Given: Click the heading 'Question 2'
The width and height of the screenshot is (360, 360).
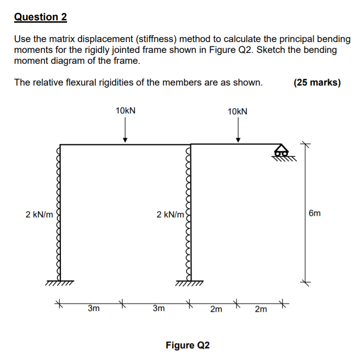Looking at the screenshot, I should (x=41, y=17).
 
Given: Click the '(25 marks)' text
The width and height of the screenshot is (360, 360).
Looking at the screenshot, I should (x=317, y=83).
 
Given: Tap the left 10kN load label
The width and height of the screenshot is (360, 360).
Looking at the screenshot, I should (x=126, y=111).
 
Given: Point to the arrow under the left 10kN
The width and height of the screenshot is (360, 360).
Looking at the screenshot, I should (x=125, y=129).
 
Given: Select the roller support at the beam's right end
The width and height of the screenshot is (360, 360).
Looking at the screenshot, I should (x=282, y=152).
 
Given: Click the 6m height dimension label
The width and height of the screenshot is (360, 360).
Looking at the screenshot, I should (x=315, y=214).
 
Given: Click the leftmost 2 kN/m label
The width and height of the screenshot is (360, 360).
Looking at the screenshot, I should (x=39, y=214).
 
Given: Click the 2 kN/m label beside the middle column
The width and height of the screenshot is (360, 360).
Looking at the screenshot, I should (x=170, y=214).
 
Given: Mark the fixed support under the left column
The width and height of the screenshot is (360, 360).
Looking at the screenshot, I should (x=60, y=283).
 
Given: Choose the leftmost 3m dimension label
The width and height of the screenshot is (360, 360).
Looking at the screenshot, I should (x=93, y=309).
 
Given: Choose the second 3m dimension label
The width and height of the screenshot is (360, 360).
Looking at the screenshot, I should (x=159, y=309).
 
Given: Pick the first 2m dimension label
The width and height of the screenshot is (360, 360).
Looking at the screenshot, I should (x=216, y=309).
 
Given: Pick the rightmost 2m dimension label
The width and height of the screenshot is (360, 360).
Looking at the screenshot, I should (x=260, y=309).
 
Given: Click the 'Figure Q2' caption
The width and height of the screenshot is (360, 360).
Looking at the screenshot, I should (x=187, y=345).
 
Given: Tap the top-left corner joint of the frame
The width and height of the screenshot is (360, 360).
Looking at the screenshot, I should (x=61, y=145).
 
